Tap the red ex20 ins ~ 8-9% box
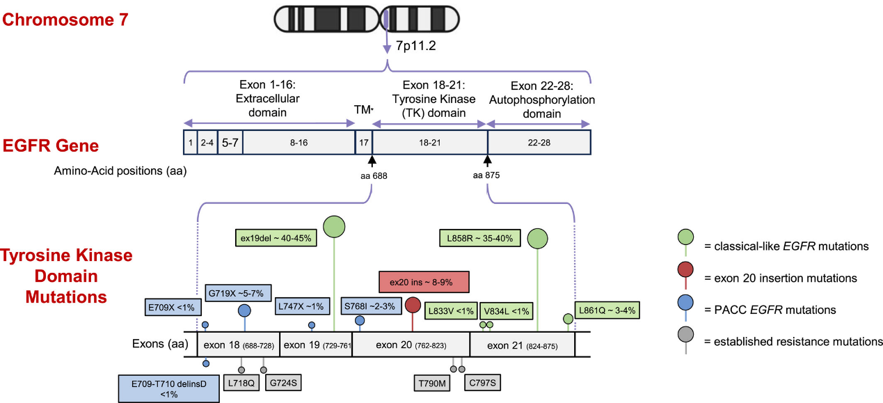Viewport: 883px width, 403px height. tap(424, 282)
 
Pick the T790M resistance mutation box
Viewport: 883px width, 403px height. tap(431, 383)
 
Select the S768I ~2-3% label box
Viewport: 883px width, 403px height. tap(369, 306)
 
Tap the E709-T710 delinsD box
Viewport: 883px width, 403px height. tap(168, 388)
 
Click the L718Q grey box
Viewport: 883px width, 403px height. tap(241, 382)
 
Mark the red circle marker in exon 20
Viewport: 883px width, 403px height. tap(413, 304)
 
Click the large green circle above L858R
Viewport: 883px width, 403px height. tap(537, 238)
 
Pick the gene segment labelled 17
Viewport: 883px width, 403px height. tap(363, 142)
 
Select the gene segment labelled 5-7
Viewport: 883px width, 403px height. tap(230, 142)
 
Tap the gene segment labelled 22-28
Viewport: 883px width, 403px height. tap(539, 142)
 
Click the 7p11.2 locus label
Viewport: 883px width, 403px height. tap(415, 47)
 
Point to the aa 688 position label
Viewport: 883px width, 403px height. tap(374, 175)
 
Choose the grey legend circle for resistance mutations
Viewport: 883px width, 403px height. tap(686, 335)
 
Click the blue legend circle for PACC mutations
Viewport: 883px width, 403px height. tap(686, 303)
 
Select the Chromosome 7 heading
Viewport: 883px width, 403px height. tap(65, 19)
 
